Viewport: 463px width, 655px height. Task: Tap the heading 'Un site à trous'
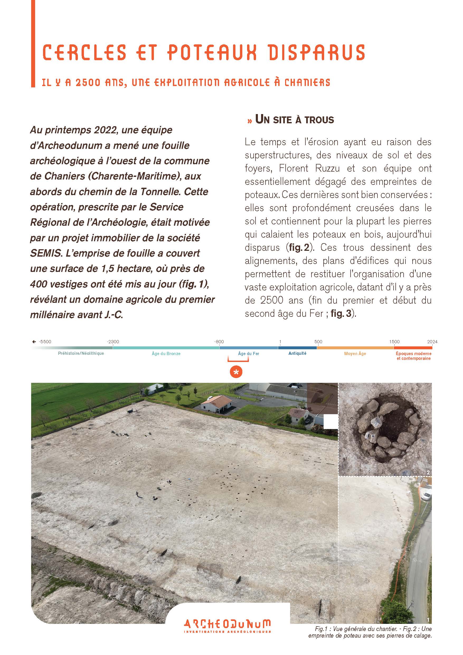pyautogui.click(x=294, y=120)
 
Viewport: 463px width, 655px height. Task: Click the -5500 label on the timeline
pyautogui.click(x=45, y=341)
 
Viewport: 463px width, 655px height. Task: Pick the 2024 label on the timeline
pyautogui.click(x=432, y=341)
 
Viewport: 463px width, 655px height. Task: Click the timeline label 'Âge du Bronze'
pyautogui.click(x=166, y=354)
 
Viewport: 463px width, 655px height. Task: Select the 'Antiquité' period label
pyautogui.click(x=297, y=353)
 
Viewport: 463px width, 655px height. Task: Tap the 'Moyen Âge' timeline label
pyautogui.click(x=355, y=354)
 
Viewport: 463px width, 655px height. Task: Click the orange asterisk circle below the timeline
pyautogui.click(x=236, y=372)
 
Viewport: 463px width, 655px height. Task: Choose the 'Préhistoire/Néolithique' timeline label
pyautogui.click(x=81, y=353)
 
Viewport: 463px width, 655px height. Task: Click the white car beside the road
pyautogui.click(x=426, y=496)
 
